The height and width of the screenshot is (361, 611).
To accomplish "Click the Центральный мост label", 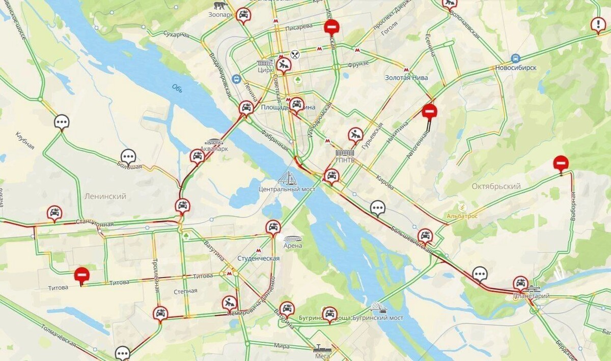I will click(x=287, y=189).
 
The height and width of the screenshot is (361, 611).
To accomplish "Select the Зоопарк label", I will click(x=221, y=15).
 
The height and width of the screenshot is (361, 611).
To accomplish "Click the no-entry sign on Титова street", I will click(x=81, y=275).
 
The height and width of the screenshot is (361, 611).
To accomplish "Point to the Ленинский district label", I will click(x=105, y=196).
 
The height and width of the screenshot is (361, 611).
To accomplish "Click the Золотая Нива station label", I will click(x=406, y=78).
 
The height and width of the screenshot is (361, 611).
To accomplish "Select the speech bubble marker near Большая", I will click(x=128, y=156).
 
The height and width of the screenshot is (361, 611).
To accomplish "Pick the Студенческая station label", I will click(x=258, y=258).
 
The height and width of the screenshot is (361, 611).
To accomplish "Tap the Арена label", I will click(x=293, y=246).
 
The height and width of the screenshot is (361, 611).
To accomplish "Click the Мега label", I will click(x=322, y=356).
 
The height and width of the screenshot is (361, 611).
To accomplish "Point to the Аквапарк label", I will click(x=216, y=149).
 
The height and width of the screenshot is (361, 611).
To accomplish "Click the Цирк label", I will click(x=265, y=70).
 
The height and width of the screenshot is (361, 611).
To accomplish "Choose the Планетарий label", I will click(x=527, y=296).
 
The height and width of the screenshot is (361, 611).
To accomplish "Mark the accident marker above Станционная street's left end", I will click(x=54, y=213).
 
